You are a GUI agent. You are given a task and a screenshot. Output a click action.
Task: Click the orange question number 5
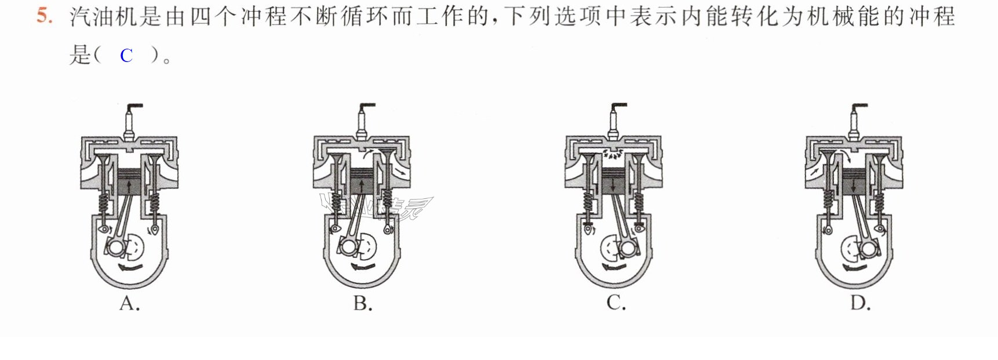point(45,16)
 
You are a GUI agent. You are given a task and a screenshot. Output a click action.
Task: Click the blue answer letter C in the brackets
point(126,56)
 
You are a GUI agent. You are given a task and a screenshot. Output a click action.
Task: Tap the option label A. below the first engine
point(130,302)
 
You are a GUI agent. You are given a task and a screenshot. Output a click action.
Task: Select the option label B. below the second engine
point(363,302)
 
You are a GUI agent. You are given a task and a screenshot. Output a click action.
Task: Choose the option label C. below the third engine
point(616,302)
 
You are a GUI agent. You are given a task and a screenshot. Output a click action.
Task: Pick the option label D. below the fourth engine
point(861,302)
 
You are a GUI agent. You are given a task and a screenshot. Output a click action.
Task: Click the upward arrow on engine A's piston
point(129,186)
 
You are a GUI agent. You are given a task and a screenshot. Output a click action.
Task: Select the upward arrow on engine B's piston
point(362,186)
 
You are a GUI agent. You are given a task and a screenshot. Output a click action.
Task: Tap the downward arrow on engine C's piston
point(614,186)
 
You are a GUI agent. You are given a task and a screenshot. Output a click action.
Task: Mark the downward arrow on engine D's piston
point(855,186)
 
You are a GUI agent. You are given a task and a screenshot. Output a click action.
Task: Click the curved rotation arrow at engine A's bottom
point(129,267)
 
